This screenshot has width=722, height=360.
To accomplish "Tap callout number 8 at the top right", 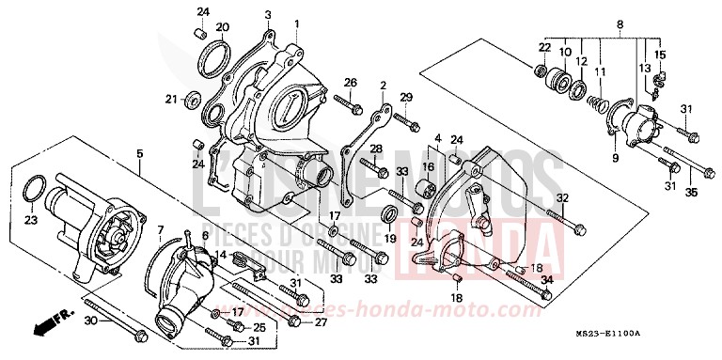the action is (x=620, y=24).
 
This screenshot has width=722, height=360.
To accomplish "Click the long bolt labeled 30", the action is (x=113, y=322).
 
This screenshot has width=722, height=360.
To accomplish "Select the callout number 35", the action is (x=691, y=194).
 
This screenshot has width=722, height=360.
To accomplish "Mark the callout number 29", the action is (x=406, y=98).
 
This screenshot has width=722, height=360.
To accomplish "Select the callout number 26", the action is (x=351, y=83).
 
